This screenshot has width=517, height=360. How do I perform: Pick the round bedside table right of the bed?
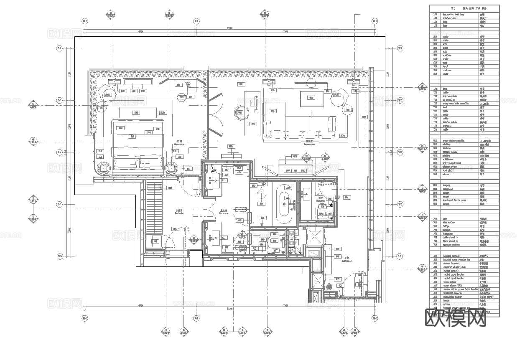pyautogui.click(x=171, y=168)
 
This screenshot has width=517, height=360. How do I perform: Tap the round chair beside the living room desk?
pyautogui.click(x=240, y=113)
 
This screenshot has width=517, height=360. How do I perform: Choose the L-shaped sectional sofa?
pyautogui.click(x=300, y=125)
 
